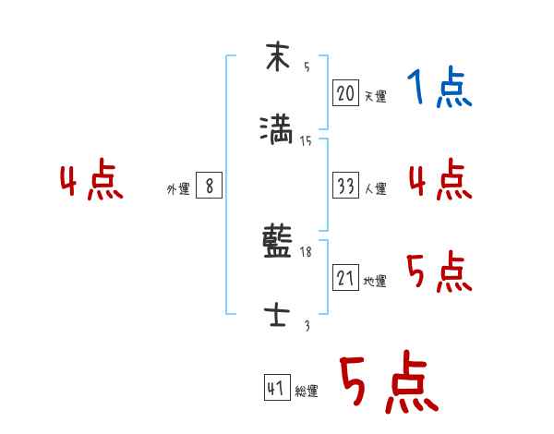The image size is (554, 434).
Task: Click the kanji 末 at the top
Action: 277,57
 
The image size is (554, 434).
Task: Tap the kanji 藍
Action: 277,245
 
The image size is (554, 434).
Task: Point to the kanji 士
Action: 277,316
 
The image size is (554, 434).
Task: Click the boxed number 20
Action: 345,93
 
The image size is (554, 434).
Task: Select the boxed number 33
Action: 345,186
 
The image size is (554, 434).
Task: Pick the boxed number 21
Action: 345,278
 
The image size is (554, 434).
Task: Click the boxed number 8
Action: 210,186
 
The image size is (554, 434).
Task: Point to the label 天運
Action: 375,96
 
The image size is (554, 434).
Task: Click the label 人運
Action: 375,188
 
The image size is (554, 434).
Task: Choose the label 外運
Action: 178,188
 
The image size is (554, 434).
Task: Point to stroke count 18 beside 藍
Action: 307,251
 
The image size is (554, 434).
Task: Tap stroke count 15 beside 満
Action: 306,140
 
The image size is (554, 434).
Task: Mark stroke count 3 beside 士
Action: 307,325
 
